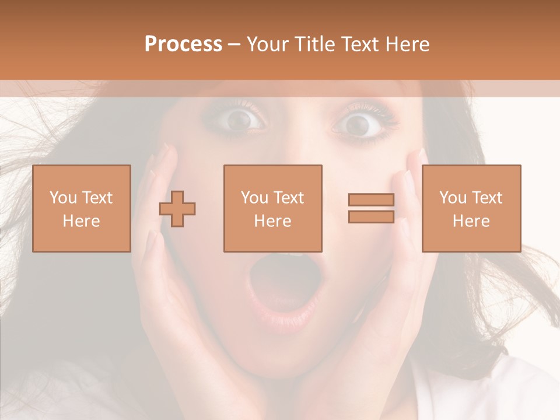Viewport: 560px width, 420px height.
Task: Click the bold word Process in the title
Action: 183,44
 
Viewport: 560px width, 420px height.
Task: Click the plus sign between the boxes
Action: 177,209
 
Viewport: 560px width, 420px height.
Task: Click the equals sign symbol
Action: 371,208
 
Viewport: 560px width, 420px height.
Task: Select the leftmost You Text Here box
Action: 82,209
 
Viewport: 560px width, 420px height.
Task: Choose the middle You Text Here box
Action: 273,209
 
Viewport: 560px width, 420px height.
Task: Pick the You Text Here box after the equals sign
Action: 471,209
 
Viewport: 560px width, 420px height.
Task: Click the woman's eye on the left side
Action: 238,120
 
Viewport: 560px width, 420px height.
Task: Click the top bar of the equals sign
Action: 371,200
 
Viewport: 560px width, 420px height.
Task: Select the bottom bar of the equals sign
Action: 371,216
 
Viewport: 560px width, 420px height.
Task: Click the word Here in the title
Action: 408,44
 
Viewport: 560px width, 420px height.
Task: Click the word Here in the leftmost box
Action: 82,221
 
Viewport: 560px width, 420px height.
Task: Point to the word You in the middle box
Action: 254,198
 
